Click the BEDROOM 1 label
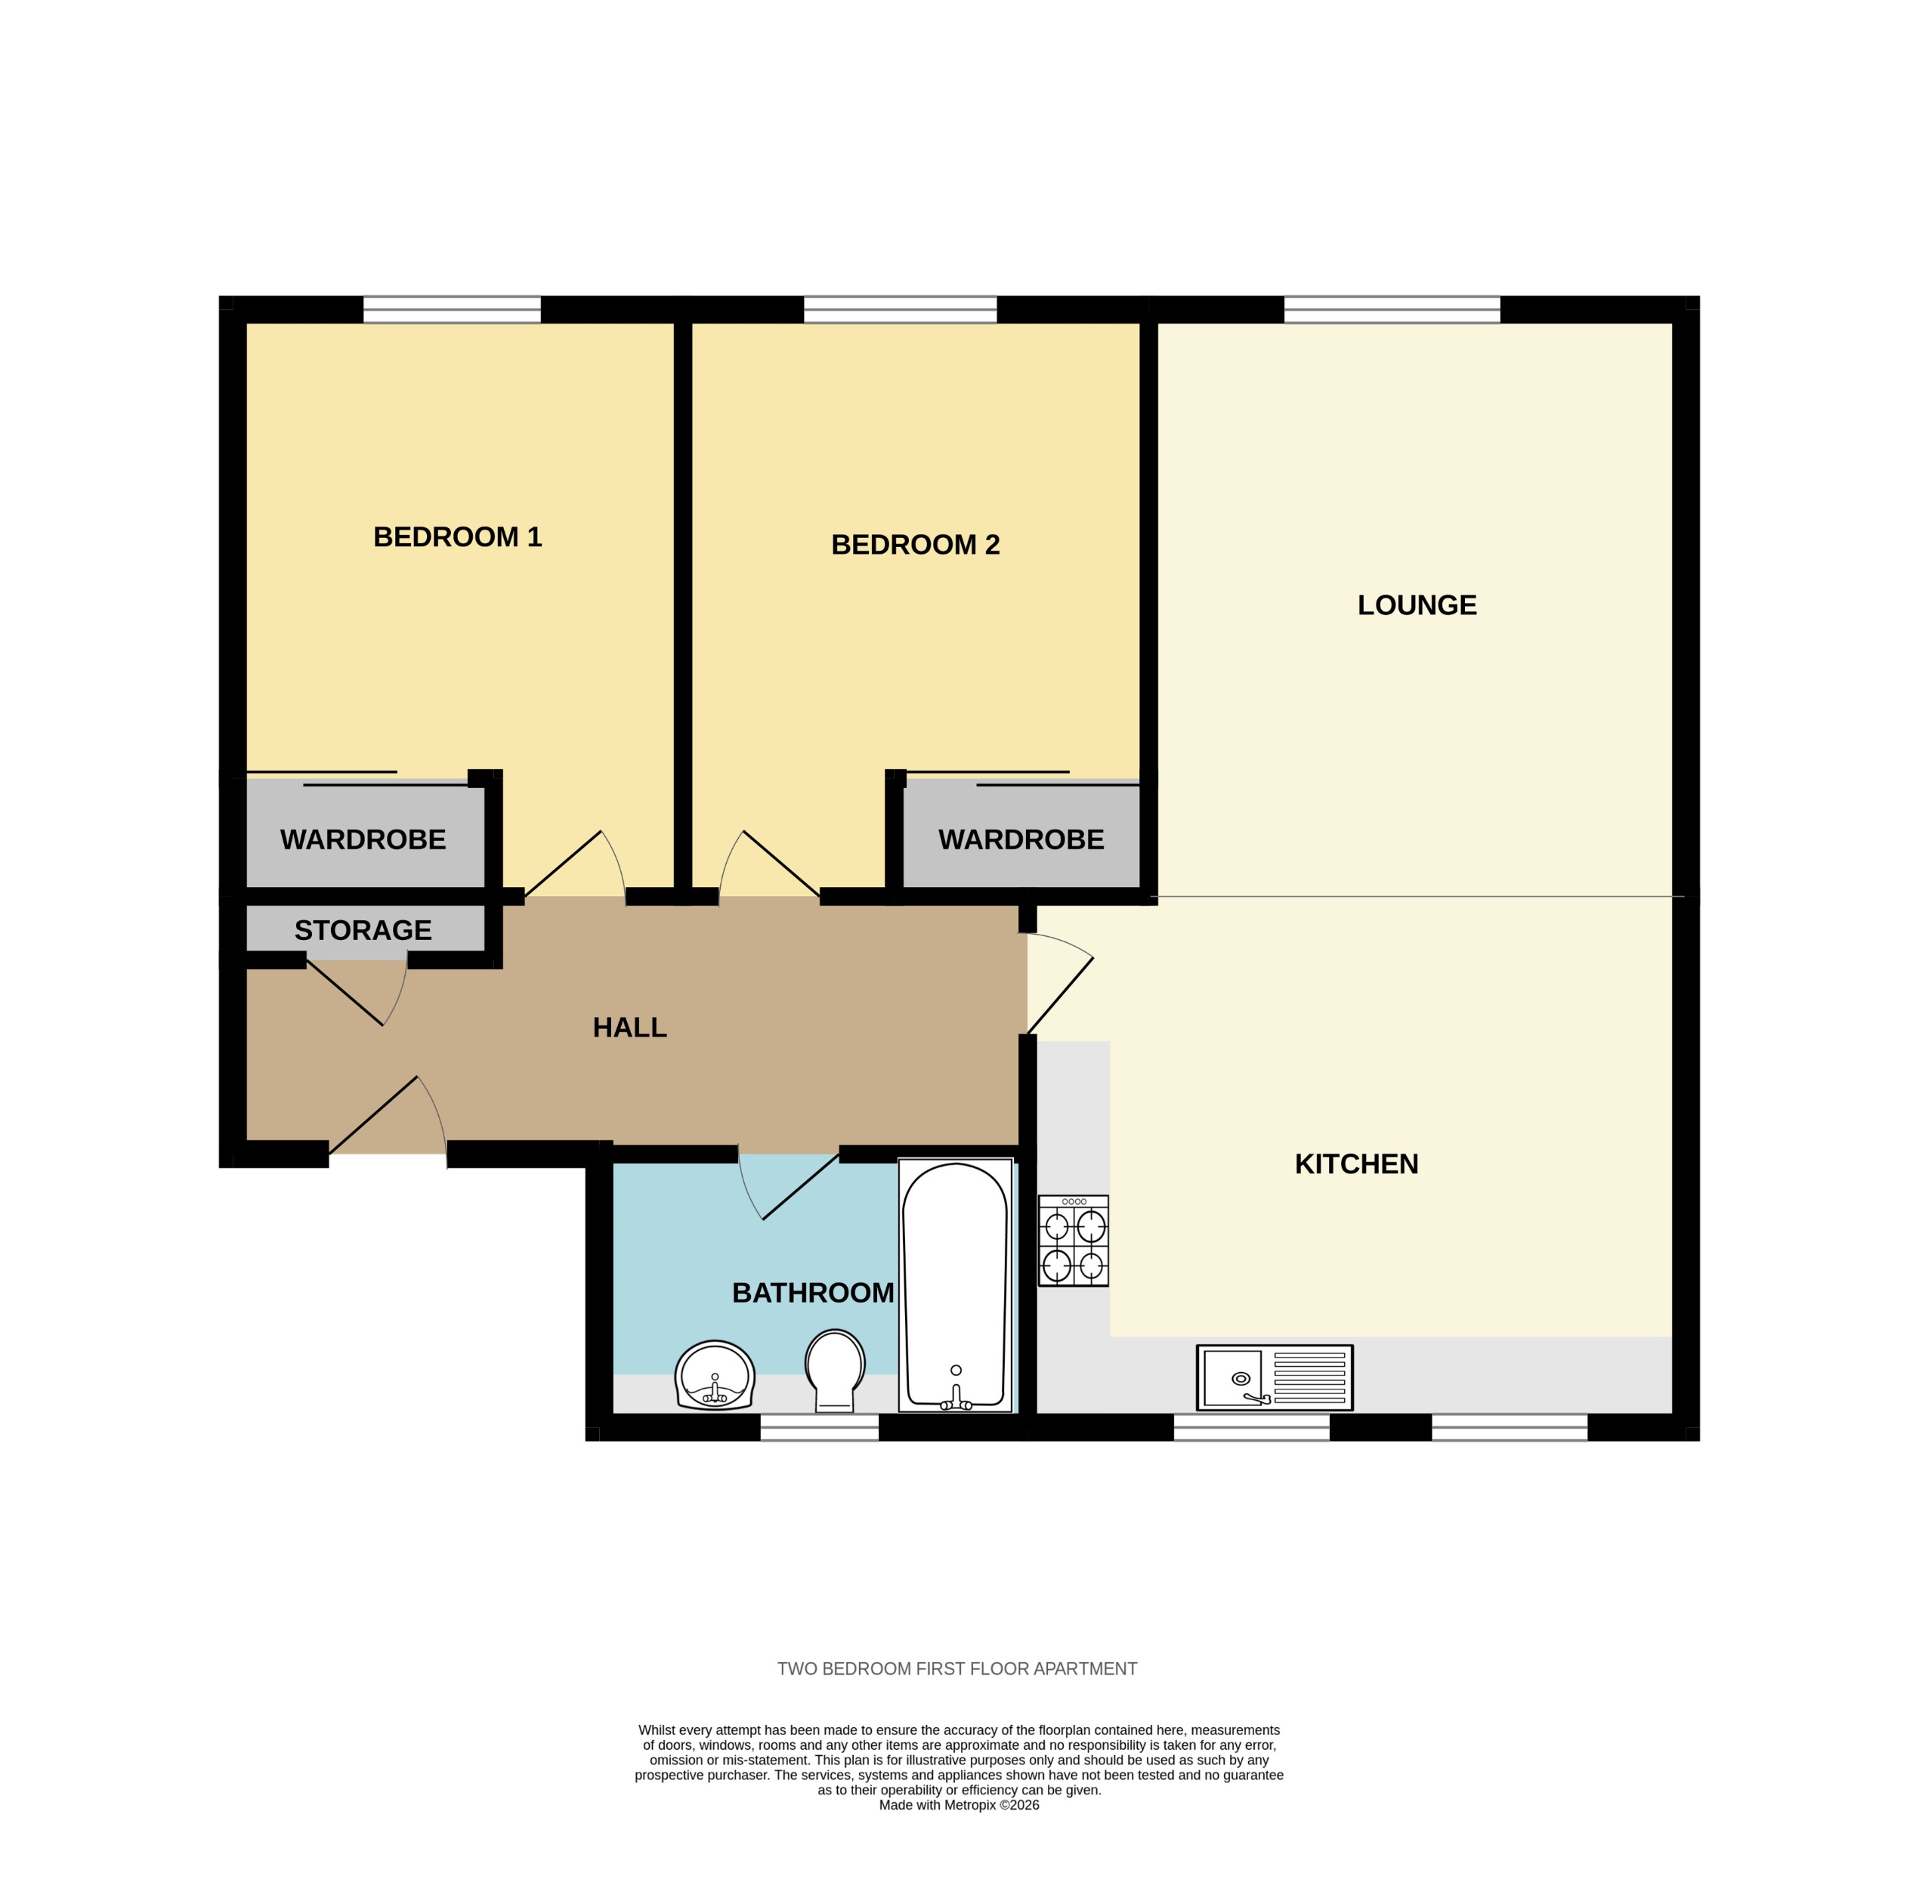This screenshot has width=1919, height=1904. coord(457,537)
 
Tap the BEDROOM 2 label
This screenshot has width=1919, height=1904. coord(915,546)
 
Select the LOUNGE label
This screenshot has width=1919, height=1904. coord(1417,605)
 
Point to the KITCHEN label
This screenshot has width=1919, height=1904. coord(1356,1164)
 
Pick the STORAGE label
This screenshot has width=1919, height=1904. coord(363,931)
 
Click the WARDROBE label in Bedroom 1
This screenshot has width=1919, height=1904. coord(363,840)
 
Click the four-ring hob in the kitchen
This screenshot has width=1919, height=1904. coord(1073,1241)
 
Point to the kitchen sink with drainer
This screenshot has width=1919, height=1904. coord(1275,1377)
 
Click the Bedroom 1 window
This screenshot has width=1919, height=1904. coord(452,310)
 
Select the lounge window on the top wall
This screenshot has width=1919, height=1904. coord(1392,310)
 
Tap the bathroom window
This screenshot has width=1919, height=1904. coord(820,1427)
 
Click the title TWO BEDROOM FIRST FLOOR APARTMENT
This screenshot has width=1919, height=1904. coord(956,1668)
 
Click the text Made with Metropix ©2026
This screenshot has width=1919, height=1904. coord(959,1805)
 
